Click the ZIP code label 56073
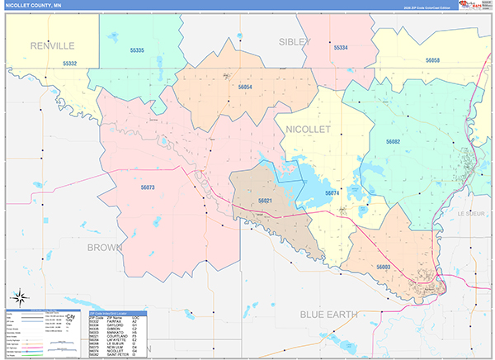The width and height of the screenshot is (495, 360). [148, 187]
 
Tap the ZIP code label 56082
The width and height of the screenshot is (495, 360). [393, 142]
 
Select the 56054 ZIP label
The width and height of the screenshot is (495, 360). [244, 87]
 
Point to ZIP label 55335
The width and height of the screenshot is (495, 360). [138, 50]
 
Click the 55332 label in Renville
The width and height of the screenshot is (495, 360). [70, 64]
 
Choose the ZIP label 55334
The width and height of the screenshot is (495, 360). [341, 49]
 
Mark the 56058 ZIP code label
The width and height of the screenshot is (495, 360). [434, 60]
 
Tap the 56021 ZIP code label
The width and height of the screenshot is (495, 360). [265, 201]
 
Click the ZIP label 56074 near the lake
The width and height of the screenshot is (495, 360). [332, 192]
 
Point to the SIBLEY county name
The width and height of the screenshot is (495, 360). [295, 41]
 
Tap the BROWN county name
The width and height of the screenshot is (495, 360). [106, 247]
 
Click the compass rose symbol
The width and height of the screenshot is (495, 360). [18, 297]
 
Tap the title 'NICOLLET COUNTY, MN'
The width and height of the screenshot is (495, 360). [35, 5]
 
